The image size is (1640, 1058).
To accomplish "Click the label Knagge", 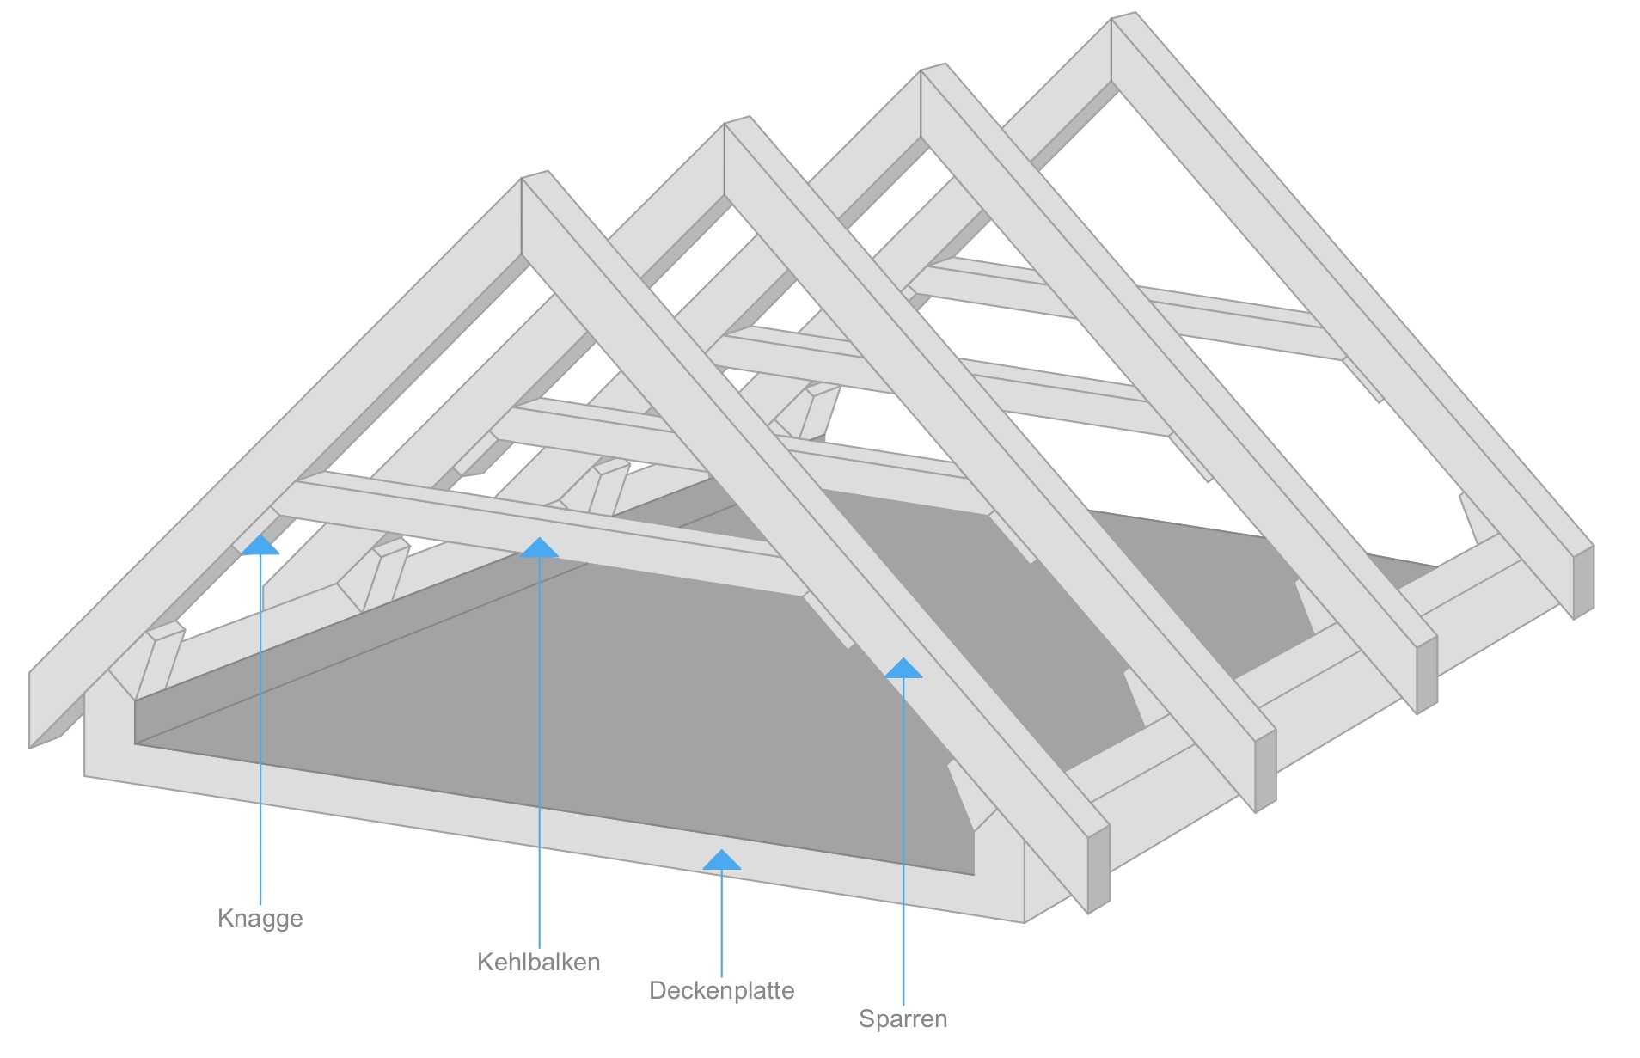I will [x=260, y=918].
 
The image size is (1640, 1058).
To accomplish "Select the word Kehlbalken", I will [x=538, y=961].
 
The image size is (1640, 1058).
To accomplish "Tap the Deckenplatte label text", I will [x=721, y=990].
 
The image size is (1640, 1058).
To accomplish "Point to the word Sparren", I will [x=903, y=1018].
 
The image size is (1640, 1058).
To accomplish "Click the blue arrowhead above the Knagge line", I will [x=260, y=546].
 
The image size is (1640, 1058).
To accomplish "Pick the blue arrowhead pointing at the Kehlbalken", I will [x=539, y=547].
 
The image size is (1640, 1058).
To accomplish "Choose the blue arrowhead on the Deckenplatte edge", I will [x=721, y=860].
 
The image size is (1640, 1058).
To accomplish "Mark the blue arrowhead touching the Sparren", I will [x=903, y=668].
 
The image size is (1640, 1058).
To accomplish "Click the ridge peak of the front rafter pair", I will [x=534, y=177].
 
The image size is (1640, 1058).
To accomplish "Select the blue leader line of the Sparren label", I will [x=903, y=842].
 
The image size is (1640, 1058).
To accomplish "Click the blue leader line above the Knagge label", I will [x=260, y=731].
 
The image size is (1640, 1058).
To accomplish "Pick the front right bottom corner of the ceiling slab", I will [x=1024, y=921].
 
